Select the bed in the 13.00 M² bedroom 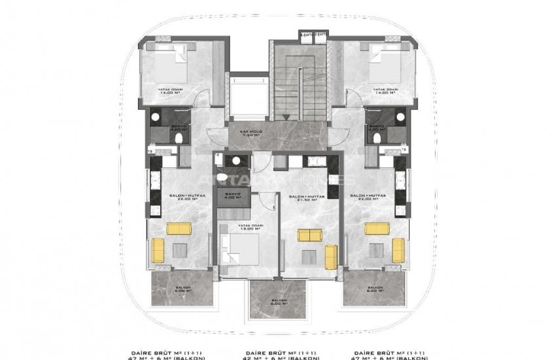[240, 249]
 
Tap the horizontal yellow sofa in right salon [377, 228]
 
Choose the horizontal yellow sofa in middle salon [307, 235]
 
